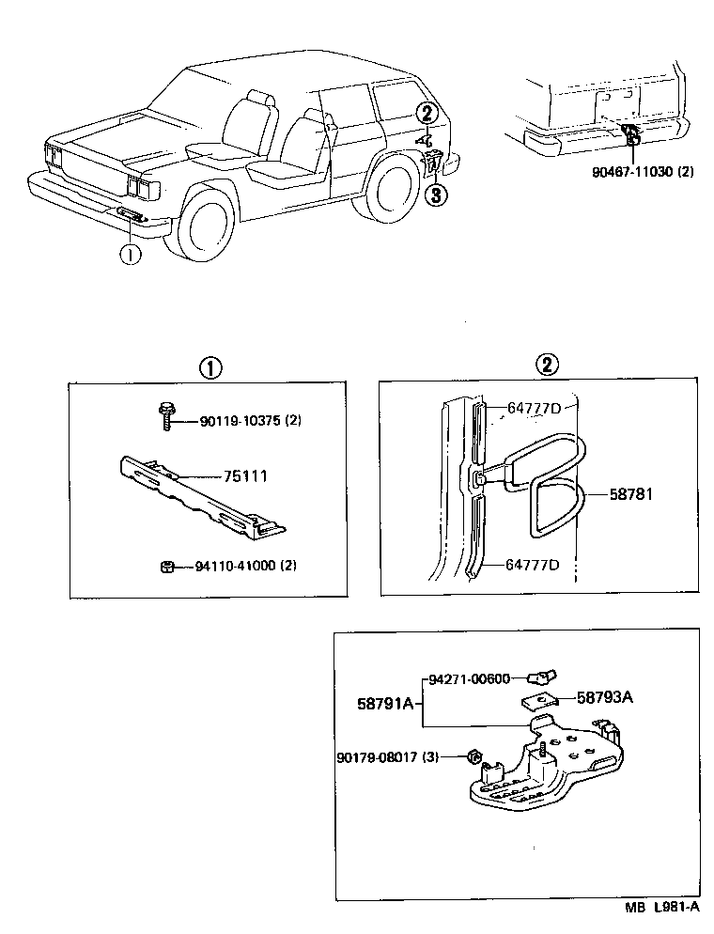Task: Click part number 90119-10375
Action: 239,421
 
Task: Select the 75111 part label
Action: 245,476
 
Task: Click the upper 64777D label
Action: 534,408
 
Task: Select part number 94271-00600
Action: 469,679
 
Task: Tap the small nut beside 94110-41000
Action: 165,567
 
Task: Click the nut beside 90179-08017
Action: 474,756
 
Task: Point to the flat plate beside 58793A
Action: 538,700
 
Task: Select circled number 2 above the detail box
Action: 545,366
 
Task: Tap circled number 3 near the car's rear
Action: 434,195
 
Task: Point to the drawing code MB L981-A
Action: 661,909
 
